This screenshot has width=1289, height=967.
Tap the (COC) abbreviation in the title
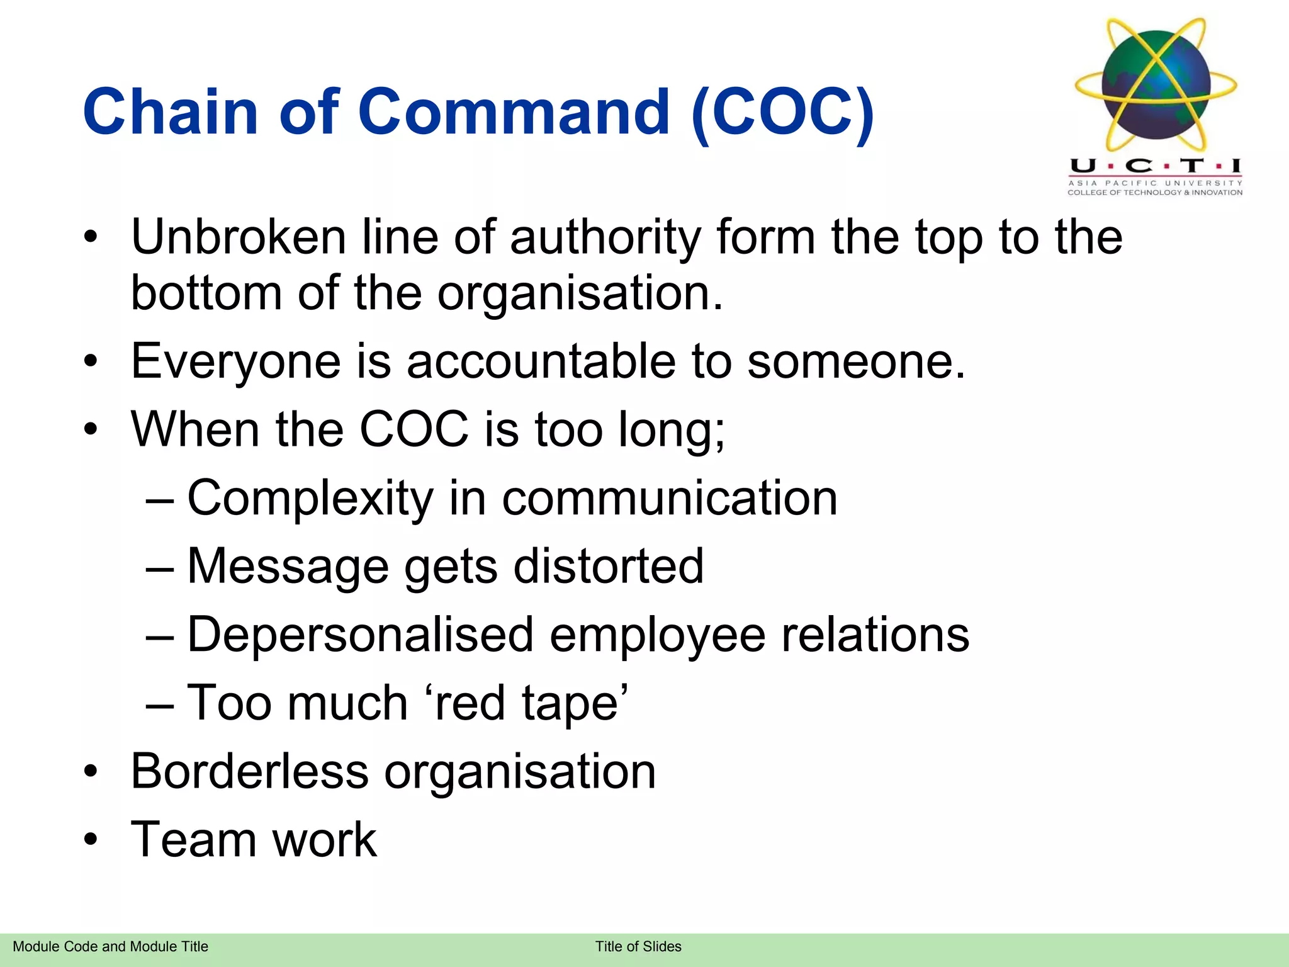coord(782,113)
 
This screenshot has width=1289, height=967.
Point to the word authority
coord(605,238)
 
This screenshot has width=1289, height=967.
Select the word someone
coord(856,361)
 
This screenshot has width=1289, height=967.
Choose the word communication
coord(670,497)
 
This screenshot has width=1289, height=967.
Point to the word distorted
coord(609,565)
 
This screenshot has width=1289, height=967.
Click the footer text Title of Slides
coord(638,946)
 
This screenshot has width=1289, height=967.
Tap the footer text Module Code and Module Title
coord(110,946)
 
